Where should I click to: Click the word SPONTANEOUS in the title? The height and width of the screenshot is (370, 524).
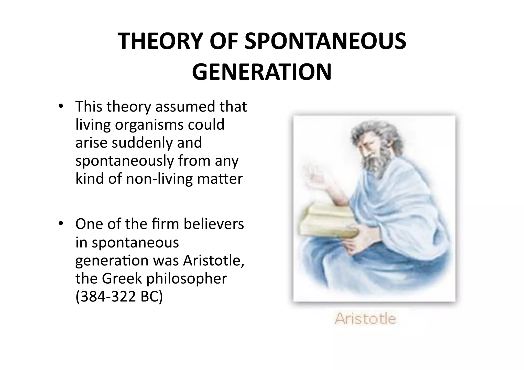(x=325, y=41)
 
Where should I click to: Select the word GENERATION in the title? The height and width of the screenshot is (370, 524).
(x=262, y=72)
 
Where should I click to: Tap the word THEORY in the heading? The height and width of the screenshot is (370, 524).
(x=158, y=41)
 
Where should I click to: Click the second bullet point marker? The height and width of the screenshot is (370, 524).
(x=60, y=224)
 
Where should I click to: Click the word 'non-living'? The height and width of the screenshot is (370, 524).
(x=159, y=179)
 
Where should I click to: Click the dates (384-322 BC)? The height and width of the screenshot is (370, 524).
(x=119, y=297)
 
